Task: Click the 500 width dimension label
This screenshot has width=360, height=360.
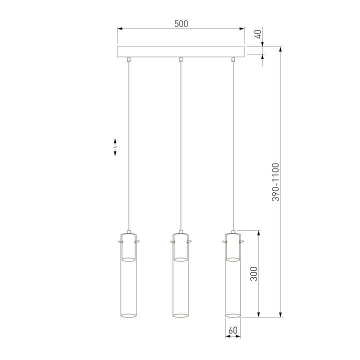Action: tap(181, 23)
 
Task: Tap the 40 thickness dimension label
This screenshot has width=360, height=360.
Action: tap(258, 34)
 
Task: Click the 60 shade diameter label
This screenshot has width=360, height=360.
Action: tap(232, 330)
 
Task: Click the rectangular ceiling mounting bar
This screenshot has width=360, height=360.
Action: tap(181, 52)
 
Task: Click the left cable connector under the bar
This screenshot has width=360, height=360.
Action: tap(129, 59)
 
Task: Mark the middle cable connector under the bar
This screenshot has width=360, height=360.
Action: tap(180, 59)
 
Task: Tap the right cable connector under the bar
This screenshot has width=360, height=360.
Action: tap(232, 59)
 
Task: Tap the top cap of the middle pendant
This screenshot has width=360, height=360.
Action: tap(180, 233)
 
